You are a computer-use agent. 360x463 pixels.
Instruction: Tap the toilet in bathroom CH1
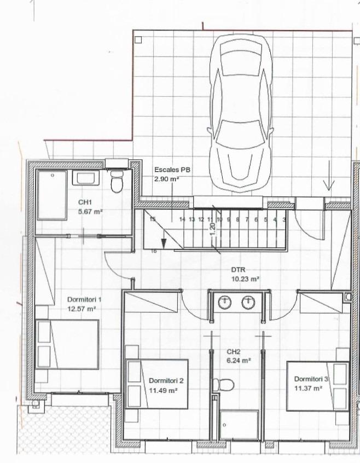[117, 181]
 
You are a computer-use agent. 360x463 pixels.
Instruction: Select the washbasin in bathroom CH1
[85, 178]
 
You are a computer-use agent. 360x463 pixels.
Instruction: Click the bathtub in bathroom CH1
[52, 195]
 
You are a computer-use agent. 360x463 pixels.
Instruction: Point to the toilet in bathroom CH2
[223, 385]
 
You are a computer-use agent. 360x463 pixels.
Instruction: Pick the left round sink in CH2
[225, 302]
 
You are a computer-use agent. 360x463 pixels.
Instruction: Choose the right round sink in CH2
[248, 302]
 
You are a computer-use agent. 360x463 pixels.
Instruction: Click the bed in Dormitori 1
[67, 344]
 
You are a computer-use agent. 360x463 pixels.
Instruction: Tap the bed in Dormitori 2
[156, 384]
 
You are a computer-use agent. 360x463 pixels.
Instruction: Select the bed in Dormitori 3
[317, 386]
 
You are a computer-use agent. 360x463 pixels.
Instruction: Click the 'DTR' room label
[238, 270]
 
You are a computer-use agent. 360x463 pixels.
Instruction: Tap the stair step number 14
[182, 219]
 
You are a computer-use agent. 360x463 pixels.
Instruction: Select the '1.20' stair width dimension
[213, 230]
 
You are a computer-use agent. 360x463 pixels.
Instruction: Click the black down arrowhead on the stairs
[163, 243]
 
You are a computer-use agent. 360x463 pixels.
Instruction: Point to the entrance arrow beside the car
[329, 175]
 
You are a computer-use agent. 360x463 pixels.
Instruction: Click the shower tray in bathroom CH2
[239, 424]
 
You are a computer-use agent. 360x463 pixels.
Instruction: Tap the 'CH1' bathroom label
[85, 202]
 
